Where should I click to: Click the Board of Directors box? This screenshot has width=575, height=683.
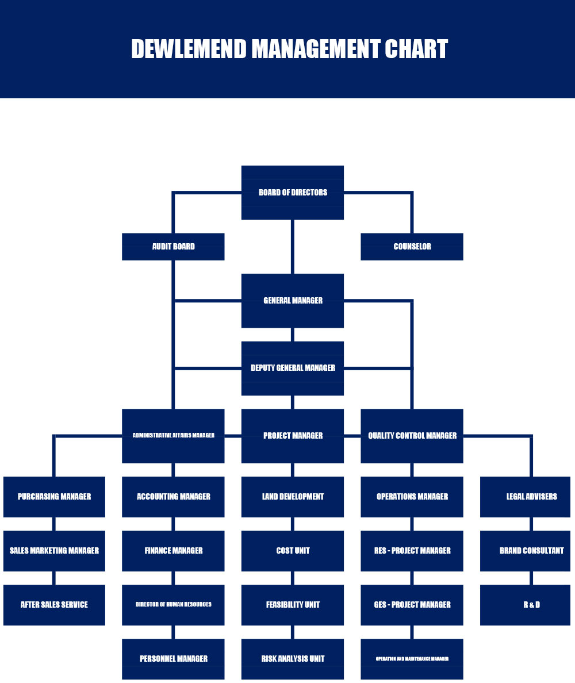click(x=293, y=193)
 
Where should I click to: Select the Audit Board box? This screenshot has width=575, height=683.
click(x=173, y=247)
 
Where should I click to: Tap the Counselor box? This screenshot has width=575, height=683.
click(x=412, y=247)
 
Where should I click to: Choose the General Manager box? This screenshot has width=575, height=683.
click(x=293, y=301)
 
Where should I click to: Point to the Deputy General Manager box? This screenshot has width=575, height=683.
click(x=293, y=368)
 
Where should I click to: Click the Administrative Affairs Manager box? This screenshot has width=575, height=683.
click(x=173, y=436)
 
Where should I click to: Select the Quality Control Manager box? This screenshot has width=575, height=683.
click(x=412, y=436)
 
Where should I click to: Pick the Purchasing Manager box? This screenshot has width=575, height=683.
click(x=54, y=497)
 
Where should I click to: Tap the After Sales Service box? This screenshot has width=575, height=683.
click(x=54, y=605)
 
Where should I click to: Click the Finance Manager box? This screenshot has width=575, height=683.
click(x=173, y=551)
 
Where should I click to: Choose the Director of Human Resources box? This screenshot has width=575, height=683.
click(x=173, y=605)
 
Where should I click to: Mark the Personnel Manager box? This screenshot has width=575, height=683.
click(x=173, y=659)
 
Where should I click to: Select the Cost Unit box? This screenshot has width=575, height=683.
click(x=293, y=551)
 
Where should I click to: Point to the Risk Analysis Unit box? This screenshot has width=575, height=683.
click(x=293, y=659)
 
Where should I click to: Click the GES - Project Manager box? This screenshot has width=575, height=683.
click(x=412, y=605)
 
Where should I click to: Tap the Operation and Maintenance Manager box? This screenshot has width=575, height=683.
click(x=412, y=659)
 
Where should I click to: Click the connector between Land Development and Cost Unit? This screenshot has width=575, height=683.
click(x=293, y=524)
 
